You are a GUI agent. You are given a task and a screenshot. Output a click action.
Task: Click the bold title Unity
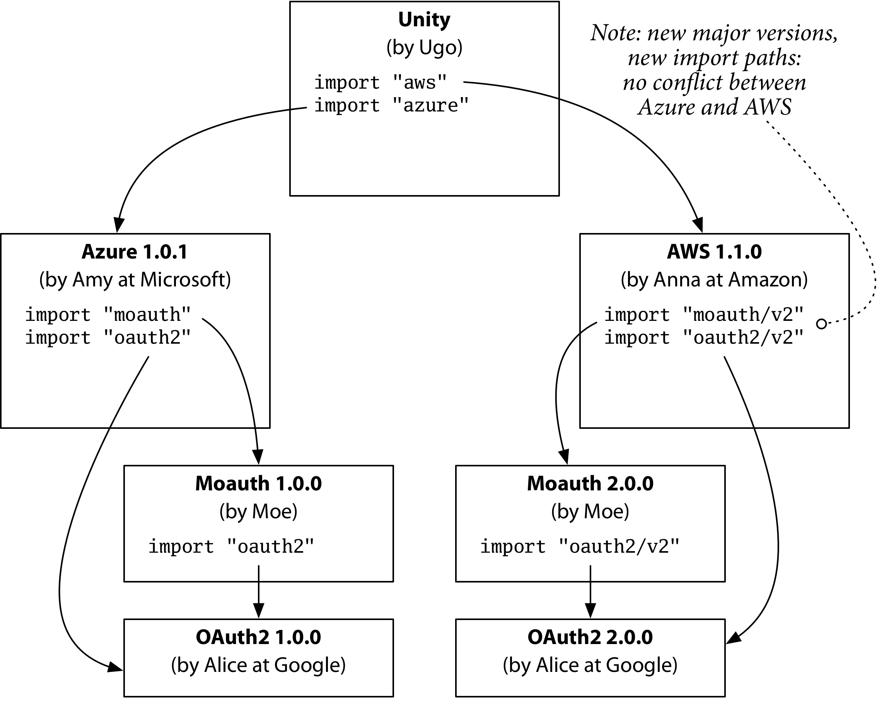point(424,20)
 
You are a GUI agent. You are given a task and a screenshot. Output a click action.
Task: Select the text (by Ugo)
point(424,48)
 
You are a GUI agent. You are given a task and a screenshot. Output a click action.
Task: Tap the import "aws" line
point(380,82)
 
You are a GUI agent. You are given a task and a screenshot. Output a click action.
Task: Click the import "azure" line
point(391,105)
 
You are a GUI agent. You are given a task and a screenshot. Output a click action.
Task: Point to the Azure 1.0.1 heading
point(135,252)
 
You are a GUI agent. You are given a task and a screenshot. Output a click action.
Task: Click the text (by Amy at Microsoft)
point(135,279)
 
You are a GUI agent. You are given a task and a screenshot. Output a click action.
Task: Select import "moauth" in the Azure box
point(108,315)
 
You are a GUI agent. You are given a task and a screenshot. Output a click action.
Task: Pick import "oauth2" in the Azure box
point(108,338)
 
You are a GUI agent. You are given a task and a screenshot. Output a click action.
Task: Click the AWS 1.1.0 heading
point(714,252)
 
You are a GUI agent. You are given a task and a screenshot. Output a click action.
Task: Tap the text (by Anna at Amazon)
point(714,279)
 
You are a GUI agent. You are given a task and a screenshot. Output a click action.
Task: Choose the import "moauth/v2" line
point(703,315)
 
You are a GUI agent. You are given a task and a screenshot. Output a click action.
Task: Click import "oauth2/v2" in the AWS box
point(703,338)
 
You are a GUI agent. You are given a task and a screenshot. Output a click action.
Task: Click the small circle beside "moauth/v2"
point(821,324)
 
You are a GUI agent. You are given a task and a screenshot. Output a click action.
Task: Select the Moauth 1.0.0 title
point(258,483)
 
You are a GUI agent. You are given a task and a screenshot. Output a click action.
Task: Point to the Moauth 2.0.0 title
point(590,483)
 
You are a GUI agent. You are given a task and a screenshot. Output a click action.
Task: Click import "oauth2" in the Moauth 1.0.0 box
point(231,547)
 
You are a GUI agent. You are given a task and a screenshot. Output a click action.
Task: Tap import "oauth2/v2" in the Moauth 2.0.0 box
point(580,547)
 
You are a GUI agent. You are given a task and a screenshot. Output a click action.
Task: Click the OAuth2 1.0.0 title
point(258,637)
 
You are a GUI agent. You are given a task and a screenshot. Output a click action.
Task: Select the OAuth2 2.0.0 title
point(590,637)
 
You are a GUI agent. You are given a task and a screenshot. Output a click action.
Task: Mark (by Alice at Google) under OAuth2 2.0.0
point(590,665)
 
